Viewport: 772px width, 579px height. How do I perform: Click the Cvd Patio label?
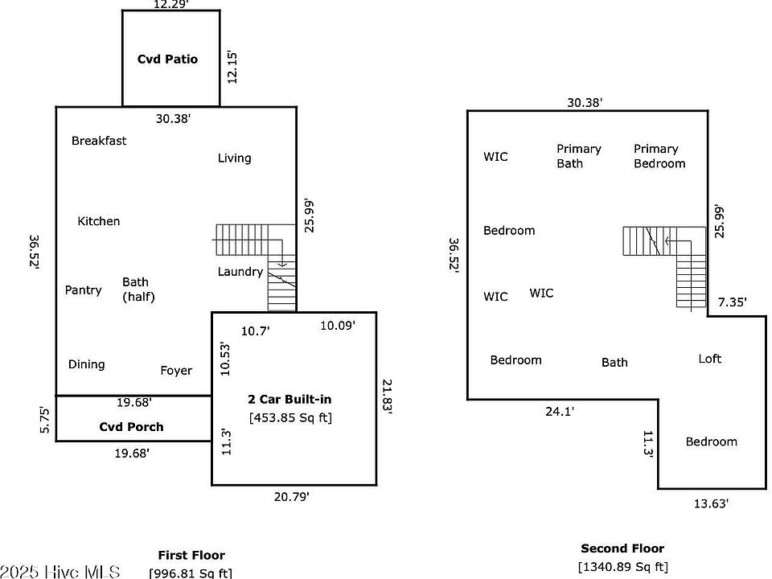167,60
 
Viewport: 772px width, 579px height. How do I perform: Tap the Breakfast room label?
99,141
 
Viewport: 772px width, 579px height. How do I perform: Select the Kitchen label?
99,221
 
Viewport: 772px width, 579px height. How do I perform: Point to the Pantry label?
84,289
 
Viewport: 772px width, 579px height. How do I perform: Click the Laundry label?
240,272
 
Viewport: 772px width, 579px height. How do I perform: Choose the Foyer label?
176,371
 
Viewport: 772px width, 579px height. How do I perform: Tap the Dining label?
87,364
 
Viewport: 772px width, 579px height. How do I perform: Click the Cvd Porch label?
131,427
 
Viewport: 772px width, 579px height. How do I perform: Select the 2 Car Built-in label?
289,399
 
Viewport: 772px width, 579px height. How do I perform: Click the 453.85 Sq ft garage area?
290,417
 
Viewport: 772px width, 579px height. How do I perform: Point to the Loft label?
710,359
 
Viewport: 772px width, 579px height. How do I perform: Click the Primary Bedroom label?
659,156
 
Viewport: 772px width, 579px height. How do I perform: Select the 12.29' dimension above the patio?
170,5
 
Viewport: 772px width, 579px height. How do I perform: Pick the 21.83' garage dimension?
387,396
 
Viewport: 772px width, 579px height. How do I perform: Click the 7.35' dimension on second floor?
732,302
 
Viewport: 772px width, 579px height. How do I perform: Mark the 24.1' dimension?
560,411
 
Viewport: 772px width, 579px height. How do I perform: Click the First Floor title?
191,555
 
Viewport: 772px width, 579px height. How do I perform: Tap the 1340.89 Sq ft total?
622,568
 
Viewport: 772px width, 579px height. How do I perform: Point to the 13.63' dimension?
711,504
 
